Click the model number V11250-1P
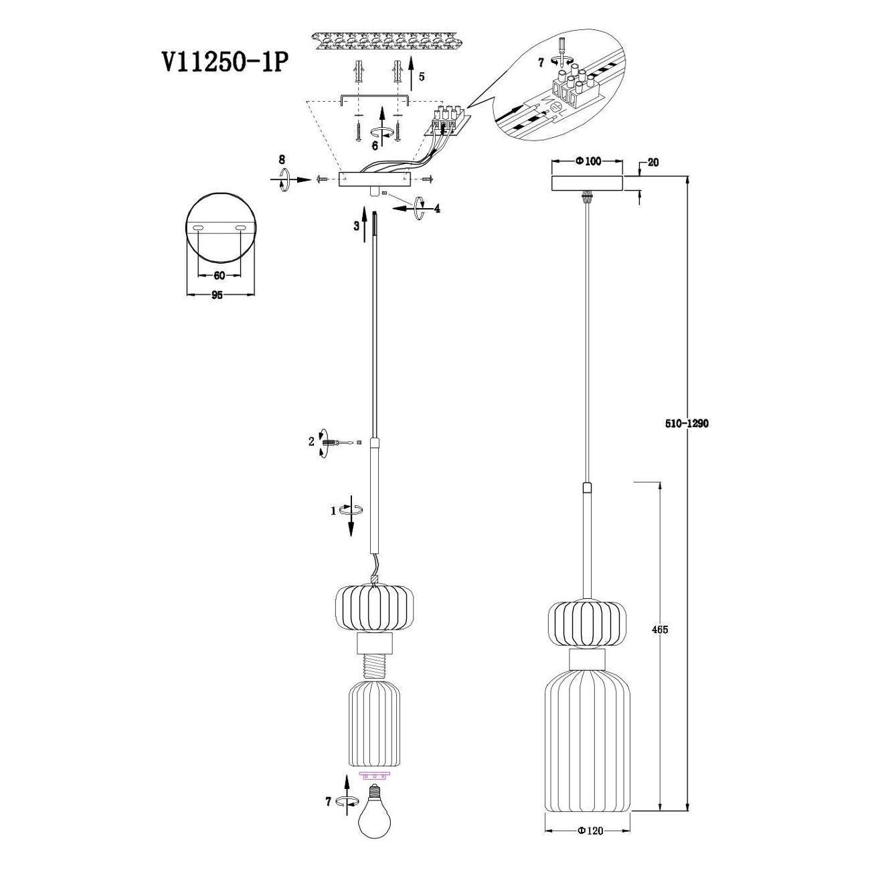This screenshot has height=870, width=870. click(x=224, y=62)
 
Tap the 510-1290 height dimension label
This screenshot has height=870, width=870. click(x=687, y=424)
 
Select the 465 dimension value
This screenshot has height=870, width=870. click(x=660, y=629)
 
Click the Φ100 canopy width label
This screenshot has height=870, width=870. click(x=588, y=161)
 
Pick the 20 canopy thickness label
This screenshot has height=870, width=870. click(x=653, y=163)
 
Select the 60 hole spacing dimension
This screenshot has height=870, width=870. click(x=219, y=276)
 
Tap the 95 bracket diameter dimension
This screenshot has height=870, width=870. click(x=217, y=295)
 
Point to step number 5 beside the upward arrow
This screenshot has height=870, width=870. click(x=421, y=77)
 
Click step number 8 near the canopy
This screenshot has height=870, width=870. click(x=282, y=159)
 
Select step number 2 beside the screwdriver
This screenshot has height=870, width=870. click(x=311, y=442)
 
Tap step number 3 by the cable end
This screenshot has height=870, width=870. click(x=356, y=226)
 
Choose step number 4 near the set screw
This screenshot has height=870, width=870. click(x=436, y=208)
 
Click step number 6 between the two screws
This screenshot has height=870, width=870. click(x=375, y=146)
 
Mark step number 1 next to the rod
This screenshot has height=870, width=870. click(x=333, y=511)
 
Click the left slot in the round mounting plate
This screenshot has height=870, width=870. click(x=198, y=229)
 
